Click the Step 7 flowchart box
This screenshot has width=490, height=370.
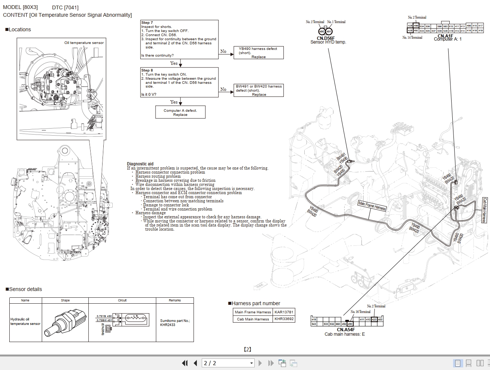point(179,39)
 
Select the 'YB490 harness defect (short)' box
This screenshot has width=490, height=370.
point(258,53)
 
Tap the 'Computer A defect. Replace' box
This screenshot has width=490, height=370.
point(180,112)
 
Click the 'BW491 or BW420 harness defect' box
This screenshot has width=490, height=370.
point(259,90)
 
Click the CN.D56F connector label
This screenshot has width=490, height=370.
point(326,38)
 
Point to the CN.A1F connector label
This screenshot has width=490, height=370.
point(445,36)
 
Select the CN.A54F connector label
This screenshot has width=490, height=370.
point(346,329)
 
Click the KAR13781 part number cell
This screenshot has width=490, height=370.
point(284,312)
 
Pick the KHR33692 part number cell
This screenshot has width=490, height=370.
point(284,319)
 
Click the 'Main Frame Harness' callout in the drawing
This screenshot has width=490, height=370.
point(372,206)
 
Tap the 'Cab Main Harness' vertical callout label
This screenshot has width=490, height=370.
point(485,210)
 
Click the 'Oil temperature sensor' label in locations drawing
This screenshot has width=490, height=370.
point(84,43)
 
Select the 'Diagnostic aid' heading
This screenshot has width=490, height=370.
point(140,164)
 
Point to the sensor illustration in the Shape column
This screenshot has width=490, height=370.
point(65,323)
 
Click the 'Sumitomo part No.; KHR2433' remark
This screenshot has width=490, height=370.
point(175,323)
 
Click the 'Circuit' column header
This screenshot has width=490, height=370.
point(122,300)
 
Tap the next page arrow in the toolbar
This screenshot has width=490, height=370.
point(260,363)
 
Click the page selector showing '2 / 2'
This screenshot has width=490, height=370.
point(228,363)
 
